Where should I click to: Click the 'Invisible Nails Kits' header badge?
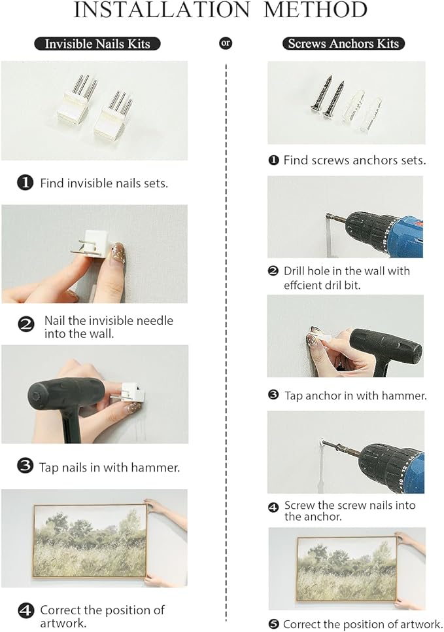pos(97,43)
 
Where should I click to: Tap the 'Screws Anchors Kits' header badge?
pos(343,43)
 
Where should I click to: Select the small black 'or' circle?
pos(226,43)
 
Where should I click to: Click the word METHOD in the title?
pos(316,10)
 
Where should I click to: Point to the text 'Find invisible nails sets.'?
pos(104,183)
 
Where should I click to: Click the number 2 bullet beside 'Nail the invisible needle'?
pos(26,324)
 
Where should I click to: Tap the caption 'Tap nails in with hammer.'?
pos(109,468)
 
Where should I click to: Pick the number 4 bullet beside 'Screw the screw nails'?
pos(273,508)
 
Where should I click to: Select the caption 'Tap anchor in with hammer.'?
pos(356,396)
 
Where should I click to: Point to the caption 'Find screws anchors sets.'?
pos(354,160)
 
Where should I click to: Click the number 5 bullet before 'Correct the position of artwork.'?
pos(274,624)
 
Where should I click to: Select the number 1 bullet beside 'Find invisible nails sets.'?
pos(25,183)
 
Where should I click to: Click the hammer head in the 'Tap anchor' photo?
pos(386,347)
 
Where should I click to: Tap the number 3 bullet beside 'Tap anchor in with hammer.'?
pos(273,395)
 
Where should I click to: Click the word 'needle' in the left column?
pos(154,321)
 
